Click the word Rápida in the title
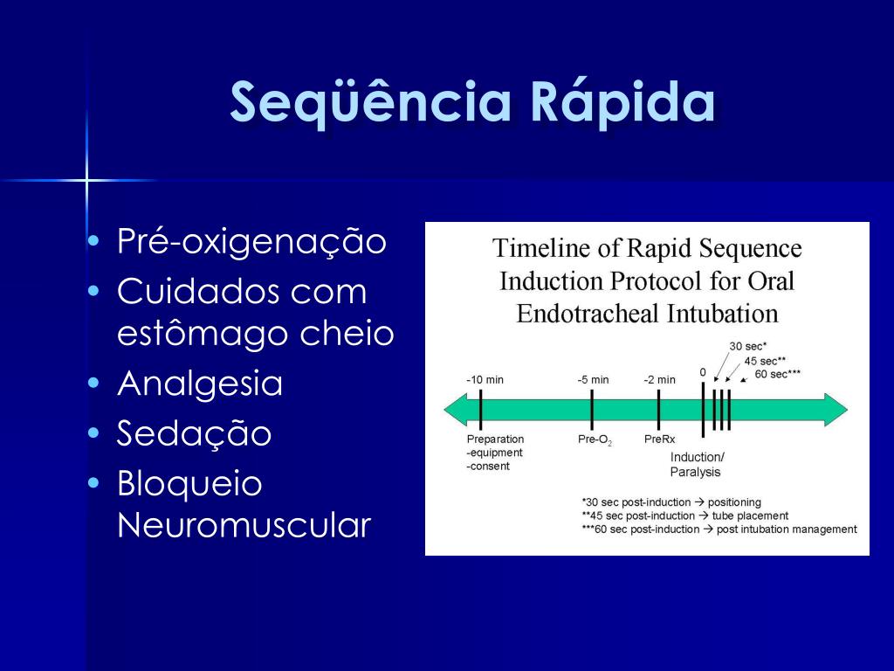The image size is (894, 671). [622, 101]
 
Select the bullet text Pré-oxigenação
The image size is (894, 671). [251, 241]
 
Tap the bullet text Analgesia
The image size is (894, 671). [200, 383]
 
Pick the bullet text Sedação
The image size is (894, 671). [194, 432]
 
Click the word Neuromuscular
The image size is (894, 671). [244, 525]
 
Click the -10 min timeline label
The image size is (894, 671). [485, 379]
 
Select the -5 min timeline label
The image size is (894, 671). [593, 379]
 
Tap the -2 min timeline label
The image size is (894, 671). [660, 379]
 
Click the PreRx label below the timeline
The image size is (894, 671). [660, 439]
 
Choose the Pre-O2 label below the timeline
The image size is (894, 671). [595, 440]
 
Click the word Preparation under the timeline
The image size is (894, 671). [495, 439]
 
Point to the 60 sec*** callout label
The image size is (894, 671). [778, 374]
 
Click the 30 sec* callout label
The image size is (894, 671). [748, 346]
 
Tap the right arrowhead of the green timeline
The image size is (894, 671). [836, 410]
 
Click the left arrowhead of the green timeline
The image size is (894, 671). [456, 410]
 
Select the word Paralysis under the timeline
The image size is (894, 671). [695, 473]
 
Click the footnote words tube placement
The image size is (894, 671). [750, 515]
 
